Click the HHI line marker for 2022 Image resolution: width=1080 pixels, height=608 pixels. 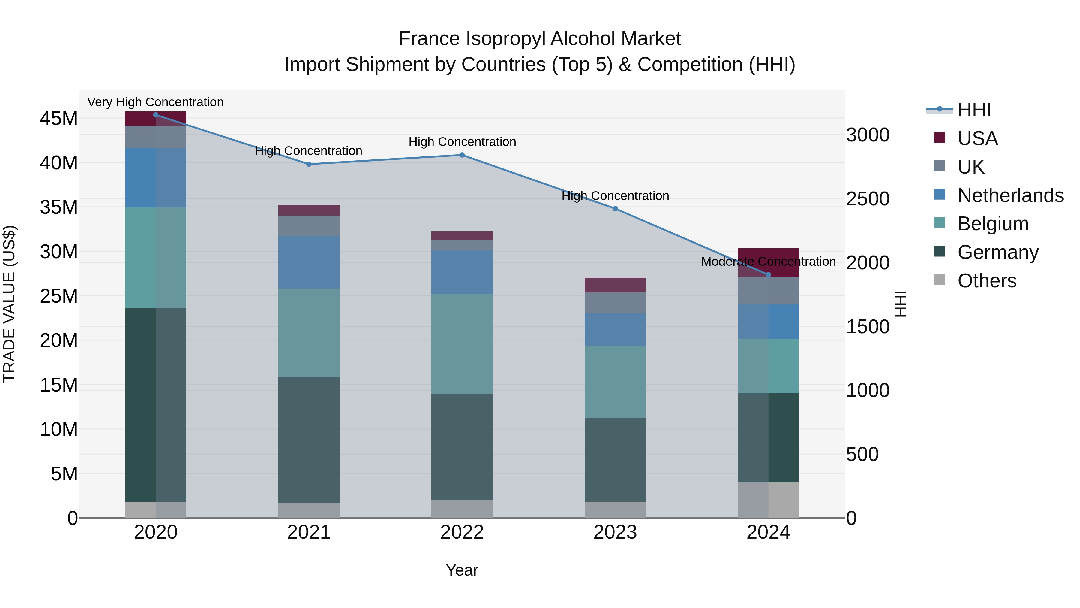point(462,155)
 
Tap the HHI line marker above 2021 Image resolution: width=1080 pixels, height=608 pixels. point(309,164)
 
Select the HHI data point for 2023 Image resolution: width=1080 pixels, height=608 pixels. point(615,209)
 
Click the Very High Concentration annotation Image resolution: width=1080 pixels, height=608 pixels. point(155,102)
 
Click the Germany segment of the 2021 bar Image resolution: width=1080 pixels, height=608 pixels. point(309,440)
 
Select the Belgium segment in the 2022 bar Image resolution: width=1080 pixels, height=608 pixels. point(462,344)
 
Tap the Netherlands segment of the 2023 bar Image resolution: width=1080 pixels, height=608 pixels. point(615,329)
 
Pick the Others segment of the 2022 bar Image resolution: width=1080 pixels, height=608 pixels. point(462,509)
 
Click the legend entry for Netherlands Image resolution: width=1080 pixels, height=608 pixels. point(1010,195)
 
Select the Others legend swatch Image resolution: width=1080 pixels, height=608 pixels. point(940,280)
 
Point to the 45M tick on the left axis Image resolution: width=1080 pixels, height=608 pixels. point(59,119)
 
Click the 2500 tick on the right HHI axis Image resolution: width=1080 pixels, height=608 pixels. point(867,199)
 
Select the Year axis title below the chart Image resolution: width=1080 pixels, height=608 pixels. point(462,570)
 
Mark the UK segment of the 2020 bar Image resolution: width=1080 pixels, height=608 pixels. point(155,137)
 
